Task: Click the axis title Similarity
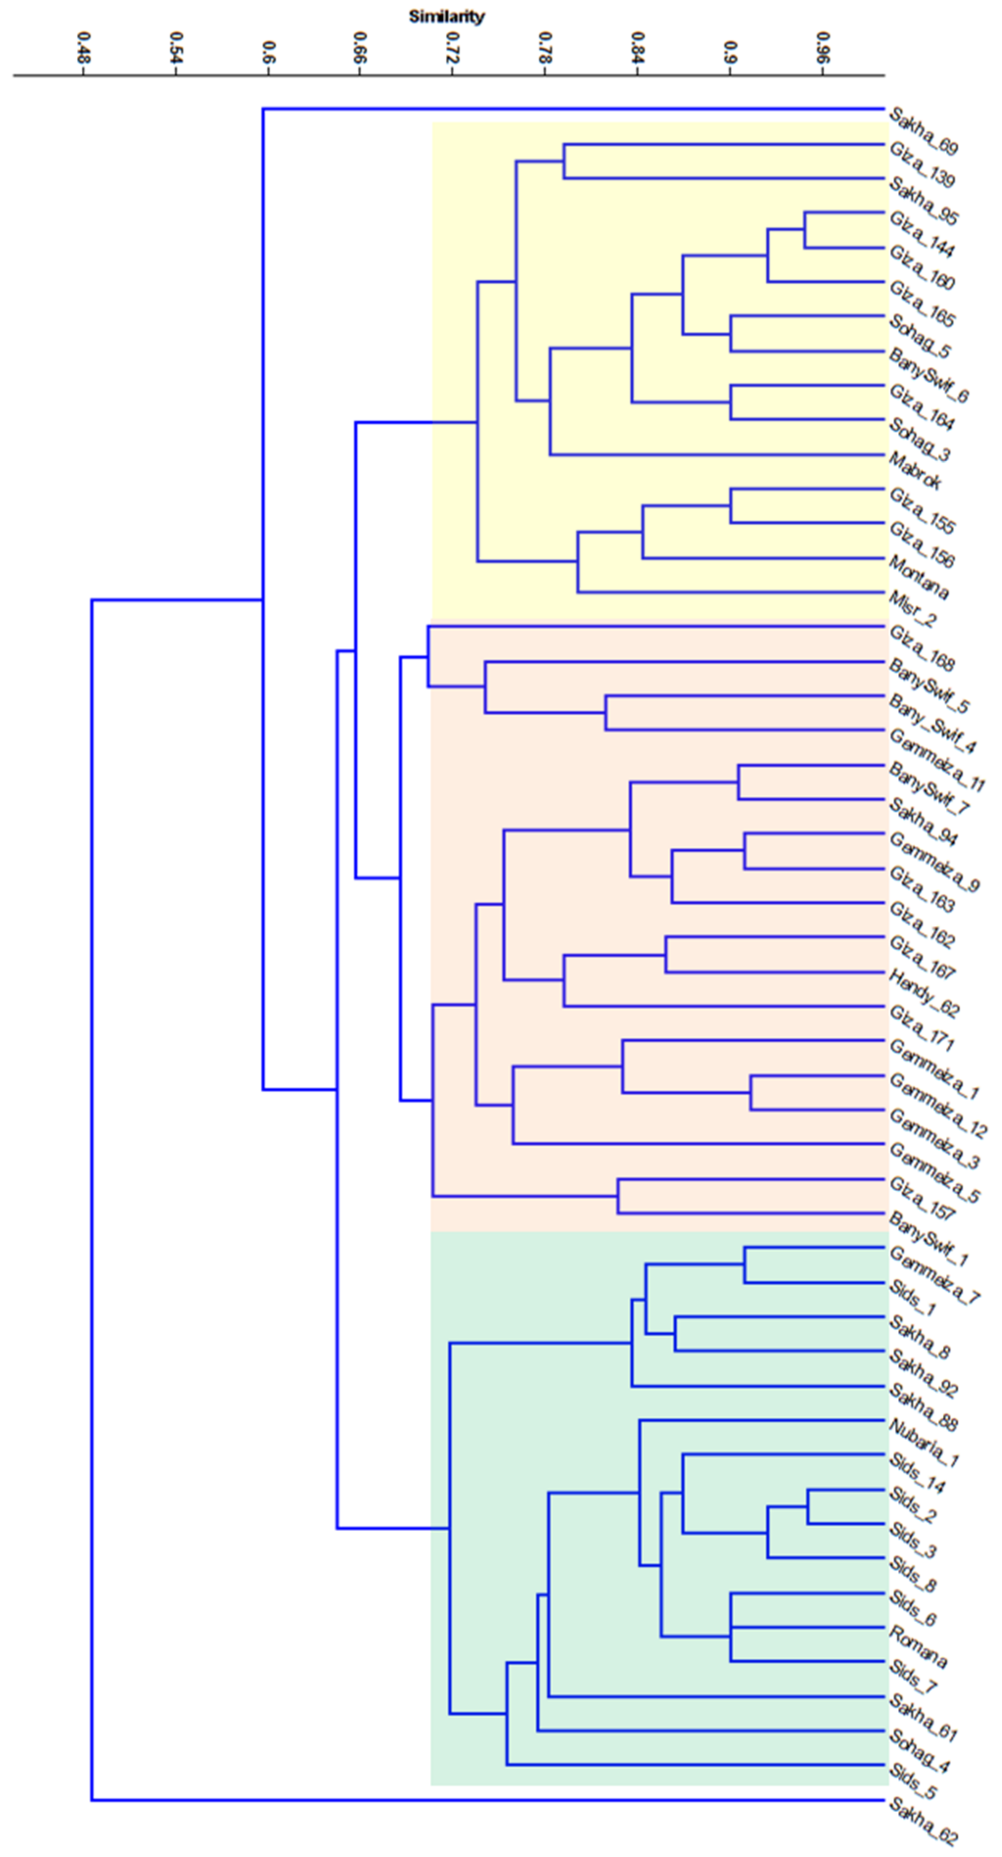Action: pos(446,16)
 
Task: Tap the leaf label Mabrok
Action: pos(915,471)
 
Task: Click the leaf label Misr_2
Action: pos(913,609)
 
